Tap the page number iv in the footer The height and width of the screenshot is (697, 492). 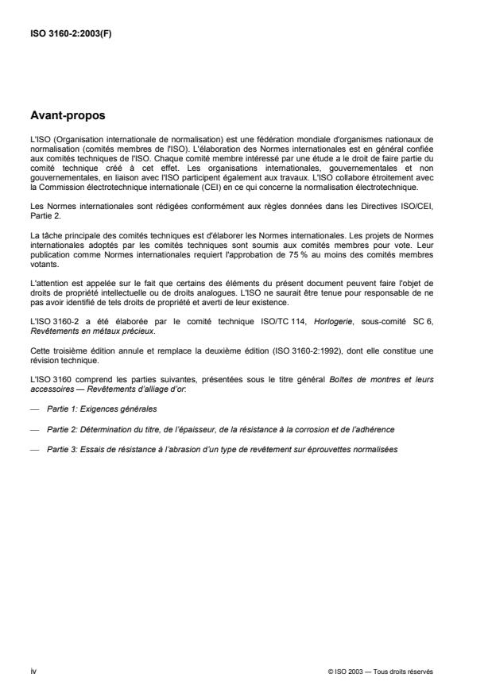pyautogui.click(x=33, y=671)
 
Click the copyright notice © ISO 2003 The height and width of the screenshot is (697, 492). pyautogui.click(x=351, y=672)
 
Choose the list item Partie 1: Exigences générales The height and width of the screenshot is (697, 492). pyautogui.click(x=103, y=408)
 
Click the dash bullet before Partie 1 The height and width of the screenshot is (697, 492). pyautogui.click(x=33, y=408)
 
